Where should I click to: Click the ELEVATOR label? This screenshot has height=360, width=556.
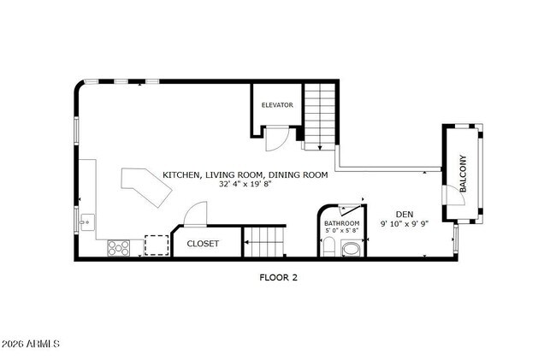click(x=277, y=105)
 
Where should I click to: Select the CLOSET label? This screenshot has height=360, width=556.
click(x=203, y=244)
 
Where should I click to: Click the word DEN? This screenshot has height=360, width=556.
click(x=405, y=214)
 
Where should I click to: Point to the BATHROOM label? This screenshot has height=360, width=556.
click(x=340, y=222)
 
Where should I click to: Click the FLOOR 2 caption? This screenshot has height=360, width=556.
click(x=278, y=277)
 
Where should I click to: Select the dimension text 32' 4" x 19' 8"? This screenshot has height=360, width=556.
click(x=246, y=184)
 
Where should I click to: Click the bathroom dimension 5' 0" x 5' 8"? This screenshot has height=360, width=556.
click(x=340, y=230)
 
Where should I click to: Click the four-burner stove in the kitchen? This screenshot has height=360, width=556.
click(x=118, y=247)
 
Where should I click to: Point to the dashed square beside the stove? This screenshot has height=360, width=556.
click(x=156, y=245)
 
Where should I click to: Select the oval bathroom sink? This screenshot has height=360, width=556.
click(x=352, y=249)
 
